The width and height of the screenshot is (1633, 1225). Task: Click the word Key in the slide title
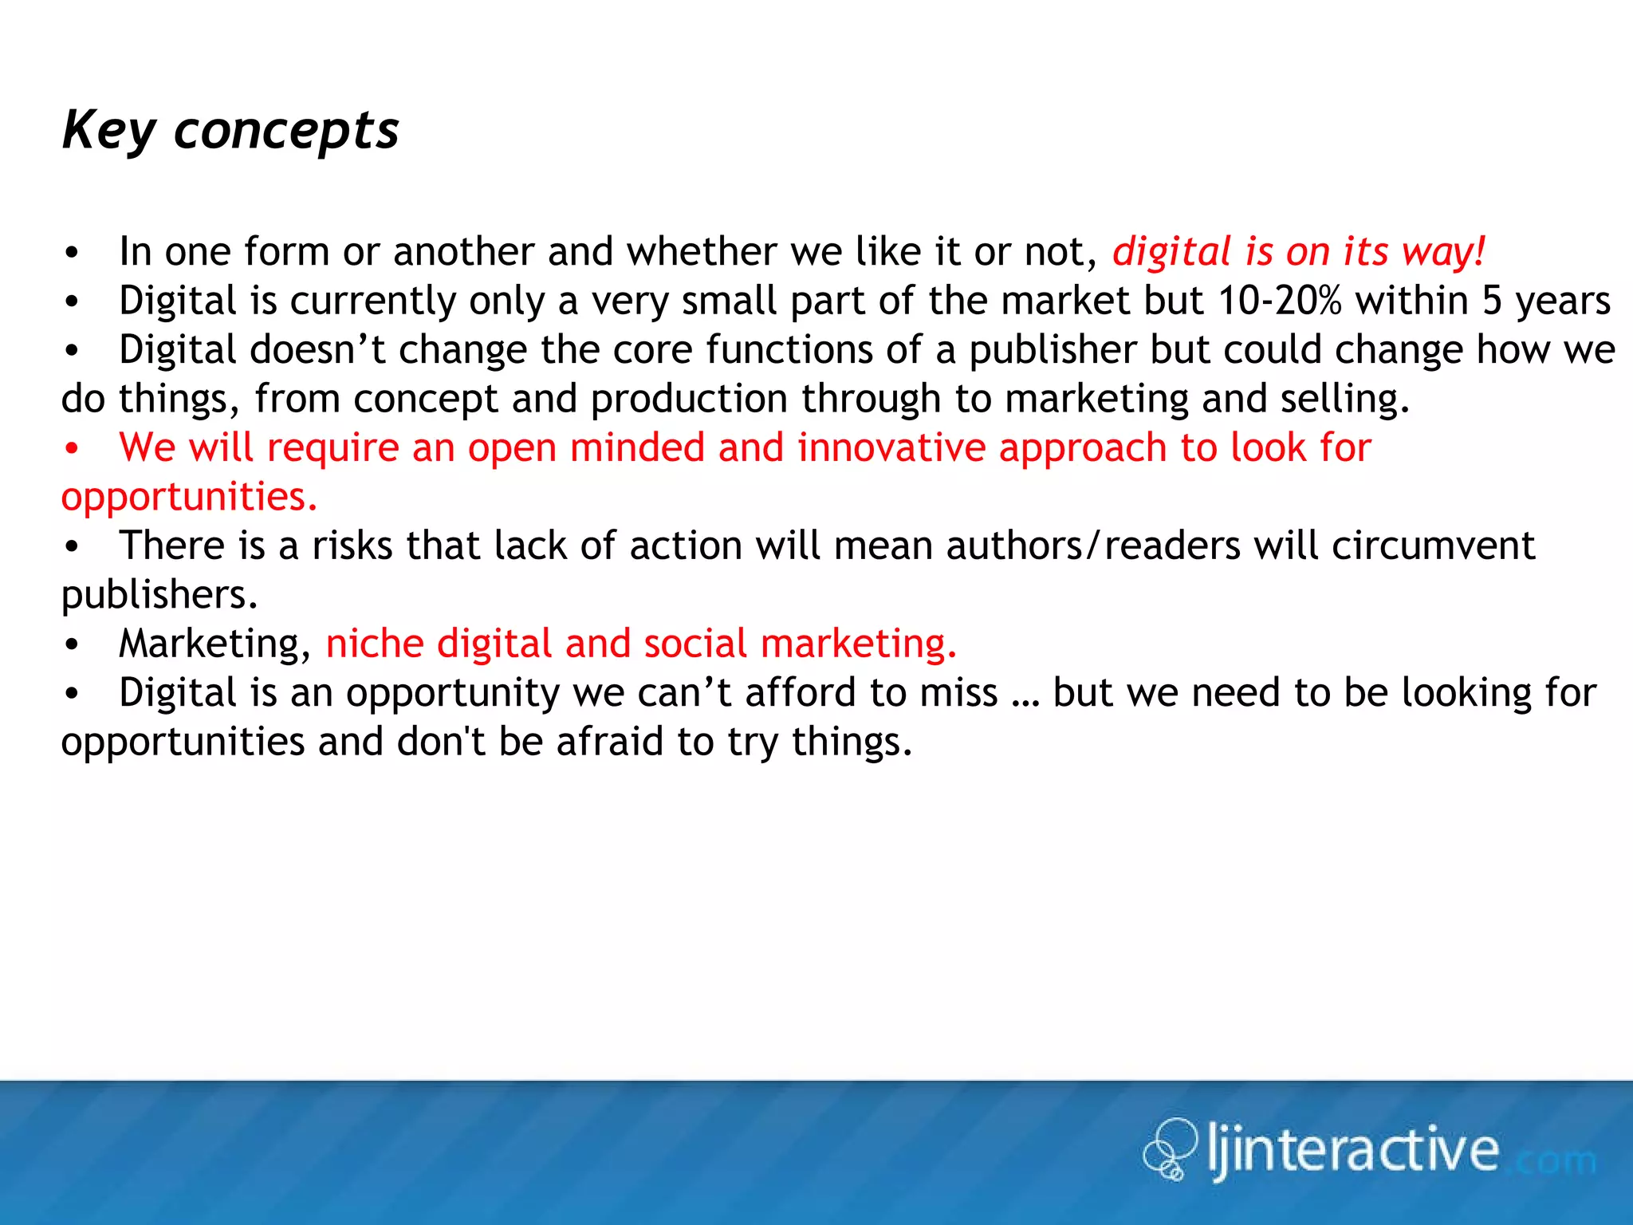(108, 132)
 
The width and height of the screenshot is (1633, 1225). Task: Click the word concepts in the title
(286, 132)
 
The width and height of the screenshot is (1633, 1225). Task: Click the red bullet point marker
(72, 449)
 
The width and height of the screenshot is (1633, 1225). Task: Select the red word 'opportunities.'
(190, 497)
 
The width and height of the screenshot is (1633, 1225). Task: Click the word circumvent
(1433, 546)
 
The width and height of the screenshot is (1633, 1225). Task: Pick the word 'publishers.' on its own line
(159, 595)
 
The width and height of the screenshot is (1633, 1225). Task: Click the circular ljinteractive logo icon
(1170, 1148)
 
